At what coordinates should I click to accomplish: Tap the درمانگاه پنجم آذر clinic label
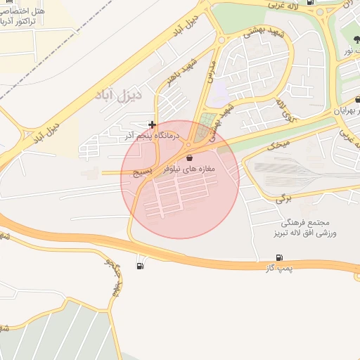click(153, 134)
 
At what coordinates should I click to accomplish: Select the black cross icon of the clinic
click(152, 124)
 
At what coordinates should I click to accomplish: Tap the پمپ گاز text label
click(279, 269)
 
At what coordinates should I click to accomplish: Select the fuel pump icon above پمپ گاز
click(280, 258)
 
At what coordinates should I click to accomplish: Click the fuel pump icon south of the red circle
click(142, 266)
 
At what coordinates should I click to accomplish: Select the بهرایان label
click(347, 111)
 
